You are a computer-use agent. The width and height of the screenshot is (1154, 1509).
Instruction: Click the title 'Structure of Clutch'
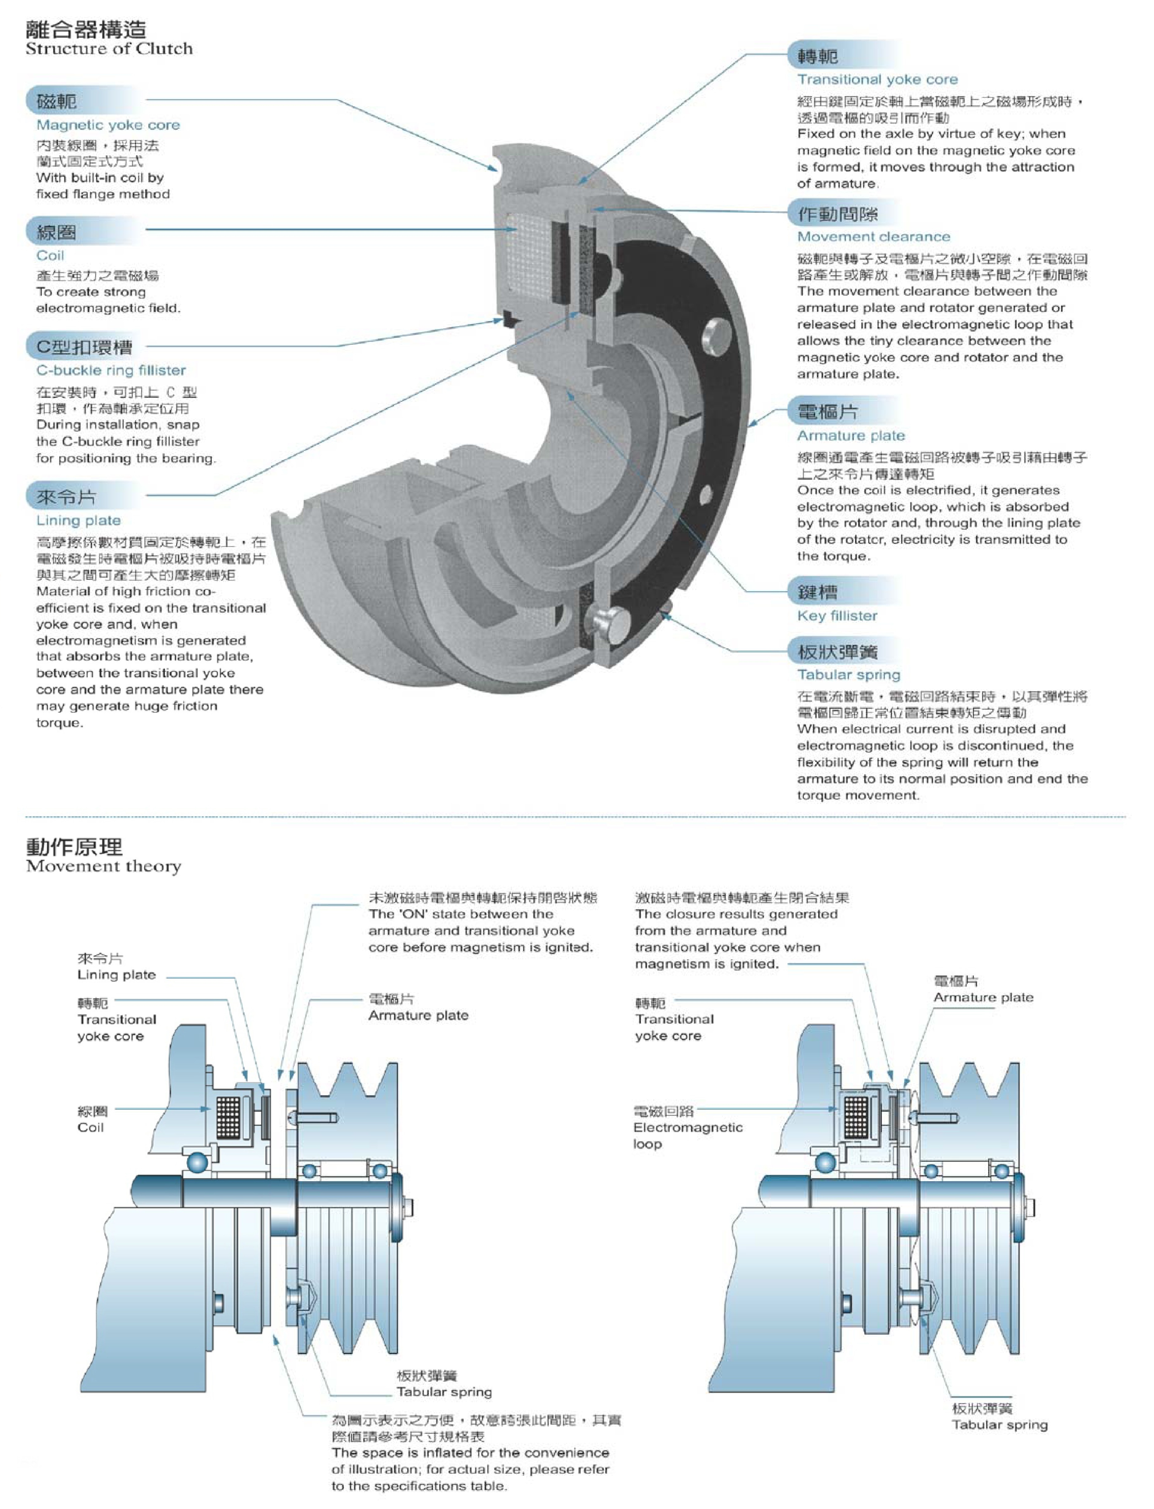(109, 49)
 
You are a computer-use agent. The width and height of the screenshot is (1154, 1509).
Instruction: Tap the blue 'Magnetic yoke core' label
(108, 125)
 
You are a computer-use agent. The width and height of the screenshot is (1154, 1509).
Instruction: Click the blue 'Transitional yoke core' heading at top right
(877, 80)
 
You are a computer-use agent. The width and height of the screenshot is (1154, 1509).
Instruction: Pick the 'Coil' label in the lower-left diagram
(91, 1127)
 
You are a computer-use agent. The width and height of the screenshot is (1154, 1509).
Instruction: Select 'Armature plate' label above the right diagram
(983, 997)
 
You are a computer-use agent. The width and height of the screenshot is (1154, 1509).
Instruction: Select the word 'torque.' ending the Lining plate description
(58, 723)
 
